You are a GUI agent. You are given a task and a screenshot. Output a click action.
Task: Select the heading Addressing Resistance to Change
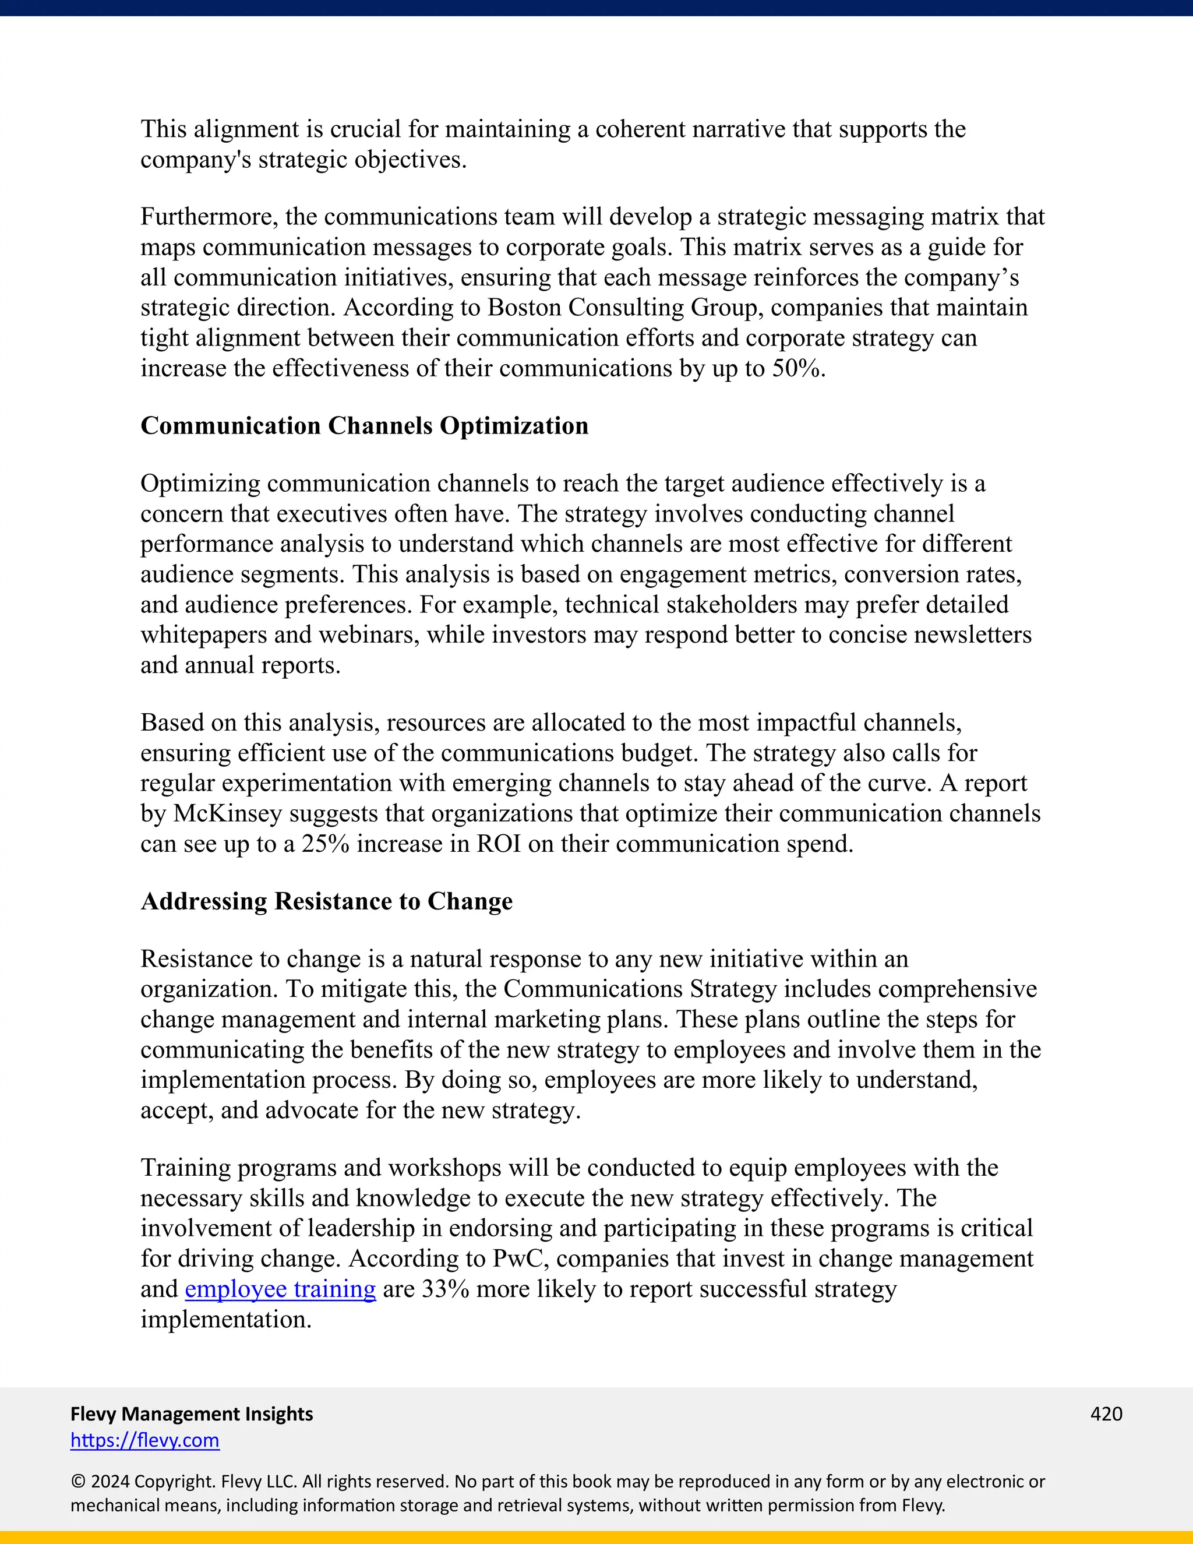click(327, 901)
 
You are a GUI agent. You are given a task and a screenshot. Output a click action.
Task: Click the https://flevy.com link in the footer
click(145, 1440)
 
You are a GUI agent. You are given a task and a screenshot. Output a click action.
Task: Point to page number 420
click(1106, 1414)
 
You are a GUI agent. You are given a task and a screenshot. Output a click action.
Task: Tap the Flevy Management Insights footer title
click(192, 1414)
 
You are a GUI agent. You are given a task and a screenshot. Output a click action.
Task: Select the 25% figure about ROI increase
click(325, 844)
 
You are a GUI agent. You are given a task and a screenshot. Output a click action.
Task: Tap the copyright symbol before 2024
click(77, 1482)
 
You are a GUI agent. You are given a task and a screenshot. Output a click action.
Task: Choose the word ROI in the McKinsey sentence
click(499, 844)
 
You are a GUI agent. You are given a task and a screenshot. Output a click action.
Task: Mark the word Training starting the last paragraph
click(185, 1168)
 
